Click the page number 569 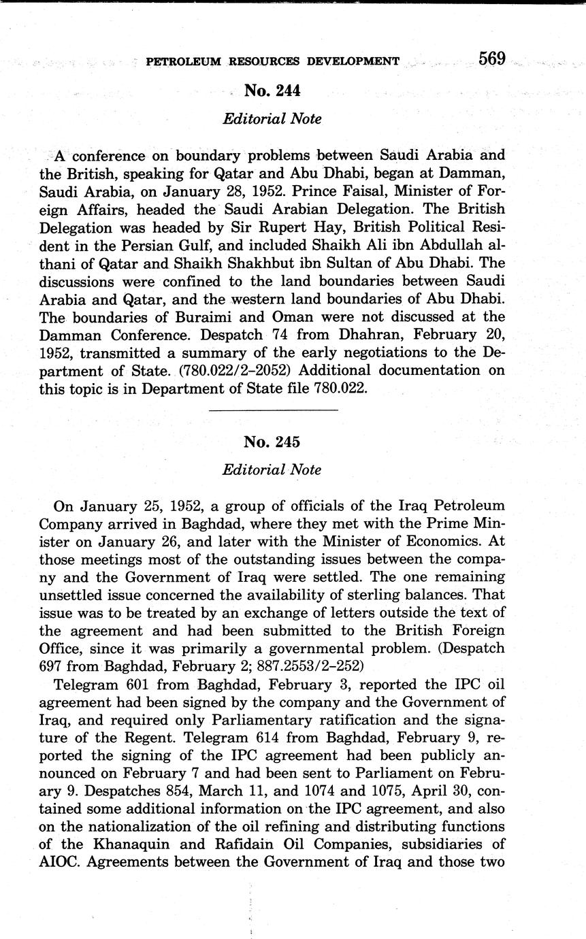491,59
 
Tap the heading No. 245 272,442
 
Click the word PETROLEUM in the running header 183,61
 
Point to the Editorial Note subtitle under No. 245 272,469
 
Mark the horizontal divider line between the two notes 273,410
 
